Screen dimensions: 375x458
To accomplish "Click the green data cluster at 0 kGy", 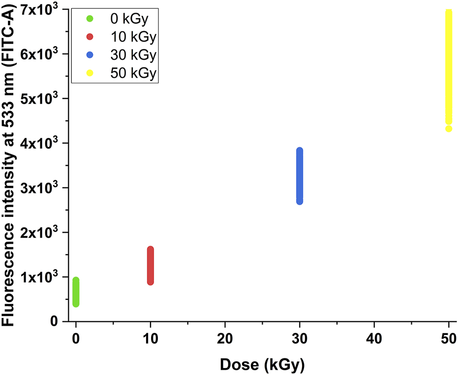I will tap(76, 292).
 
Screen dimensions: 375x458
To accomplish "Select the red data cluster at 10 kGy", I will tap(151, 266).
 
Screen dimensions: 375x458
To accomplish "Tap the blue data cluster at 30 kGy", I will tap(300, 176).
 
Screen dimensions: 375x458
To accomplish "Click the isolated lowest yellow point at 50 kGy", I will tap(449, 129).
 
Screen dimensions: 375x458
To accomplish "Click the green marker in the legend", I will tap(90, 19).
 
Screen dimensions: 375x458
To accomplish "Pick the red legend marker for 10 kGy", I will tap(90, 37).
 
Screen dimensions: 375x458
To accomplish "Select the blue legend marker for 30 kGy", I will tap(90, 55).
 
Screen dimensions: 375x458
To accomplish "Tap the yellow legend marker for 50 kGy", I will tap(90, 73).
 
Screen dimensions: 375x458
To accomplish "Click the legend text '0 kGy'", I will tap(127, 19).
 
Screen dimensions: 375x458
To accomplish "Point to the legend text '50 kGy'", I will tap(132, 73).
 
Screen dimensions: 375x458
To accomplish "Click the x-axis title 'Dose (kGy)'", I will tap(262, 365).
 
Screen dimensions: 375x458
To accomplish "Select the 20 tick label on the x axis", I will tap(225, 340).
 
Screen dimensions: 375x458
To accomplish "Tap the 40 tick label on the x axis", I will tap(374, 340).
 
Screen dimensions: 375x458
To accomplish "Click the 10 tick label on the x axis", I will tap(151, 340).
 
